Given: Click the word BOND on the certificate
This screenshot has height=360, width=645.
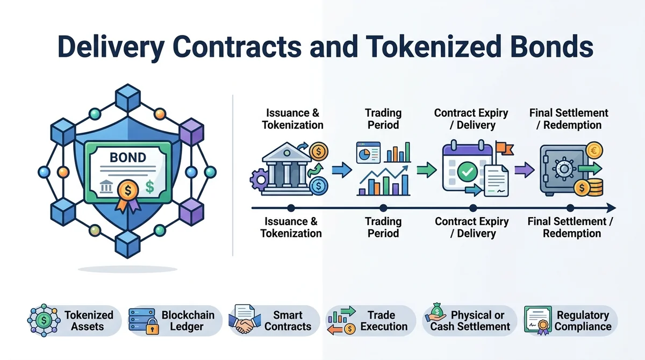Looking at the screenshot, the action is coord(128,157).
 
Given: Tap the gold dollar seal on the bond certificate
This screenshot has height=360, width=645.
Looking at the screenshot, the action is coord(128,191).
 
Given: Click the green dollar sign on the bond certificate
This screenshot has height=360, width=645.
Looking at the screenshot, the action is coord(150,187).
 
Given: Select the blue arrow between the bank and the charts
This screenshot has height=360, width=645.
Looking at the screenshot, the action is coord(342,170).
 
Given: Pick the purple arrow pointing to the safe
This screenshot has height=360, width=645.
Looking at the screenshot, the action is coord(525,170).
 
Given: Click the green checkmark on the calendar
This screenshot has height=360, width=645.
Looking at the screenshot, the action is coord(467,172).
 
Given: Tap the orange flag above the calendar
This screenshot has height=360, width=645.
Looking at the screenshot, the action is coord(505,148).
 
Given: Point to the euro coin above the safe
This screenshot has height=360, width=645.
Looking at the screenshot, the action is coord(594,150).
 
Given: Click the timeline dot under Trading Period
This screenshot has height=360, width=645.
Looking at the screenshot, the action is coord(383,208).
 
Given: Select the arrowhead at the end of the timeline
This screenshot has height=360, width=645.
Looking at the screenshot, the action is coord(611,208).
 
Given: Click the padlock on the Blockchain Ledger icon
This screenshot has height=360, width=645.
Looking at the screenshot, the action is coord(152,326).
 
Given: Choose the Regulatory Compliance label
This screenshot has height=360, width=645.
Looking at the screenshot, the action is coord(583,321).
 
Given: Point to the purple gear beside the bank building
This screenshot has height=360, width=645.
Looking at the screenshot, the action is coord(259,180).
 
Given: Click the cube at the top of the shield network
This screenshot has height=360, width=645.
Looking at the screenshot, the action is coord(128,98).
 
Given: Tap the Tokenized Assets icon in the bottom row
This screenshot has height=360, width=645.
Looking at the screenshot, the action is coord(44,320).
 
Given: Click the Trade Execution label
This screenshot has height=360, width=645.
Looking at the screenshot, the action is coord(384,321).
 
